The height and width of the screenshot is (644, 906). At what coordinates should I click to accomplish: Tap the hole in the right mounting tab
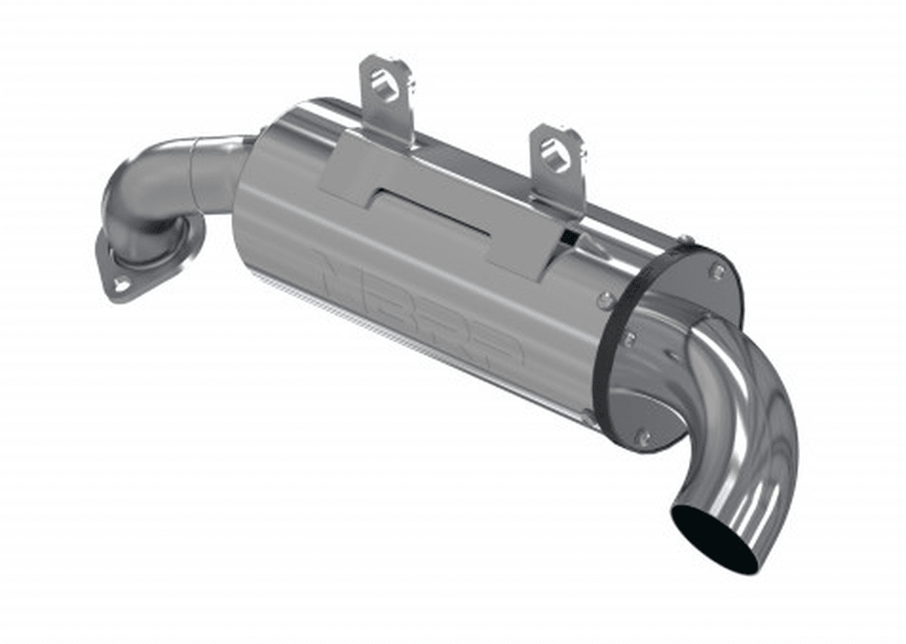coord(555,153)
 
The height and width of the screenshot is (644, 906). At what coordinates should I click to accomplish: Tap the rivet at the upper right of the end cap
coord(718,270)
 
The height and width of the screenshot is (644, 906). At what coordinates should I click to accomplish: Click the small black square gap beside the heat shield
coord(569,238)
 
